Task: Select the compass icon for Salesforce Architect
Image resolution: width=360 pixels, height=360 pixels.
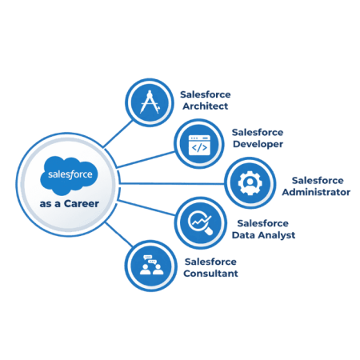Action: coord(148,101)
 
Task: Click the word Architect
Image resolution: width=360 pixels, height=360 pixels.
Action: coord(206,106)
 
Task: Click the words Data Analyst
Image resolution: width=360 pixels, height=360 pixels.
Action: coord(266,235)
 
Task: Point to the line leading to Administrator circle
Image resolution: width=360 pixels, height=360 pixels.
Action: coord(168,183)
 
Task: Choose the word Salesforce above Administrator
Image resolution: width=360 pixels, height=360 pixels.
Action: coord(318,180)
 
